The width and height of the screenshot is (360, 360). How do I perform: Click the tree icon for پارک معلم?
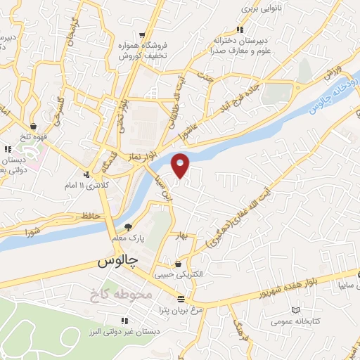tap(128, 227)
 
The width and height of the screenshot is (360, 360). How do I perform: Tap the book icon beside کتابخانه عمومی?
tap(295, 309)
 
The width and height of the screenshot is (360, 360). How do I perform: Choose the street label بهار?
tap(184, 238)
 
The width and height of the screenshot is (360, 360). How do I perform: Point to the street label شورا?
tap(34, 230)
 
